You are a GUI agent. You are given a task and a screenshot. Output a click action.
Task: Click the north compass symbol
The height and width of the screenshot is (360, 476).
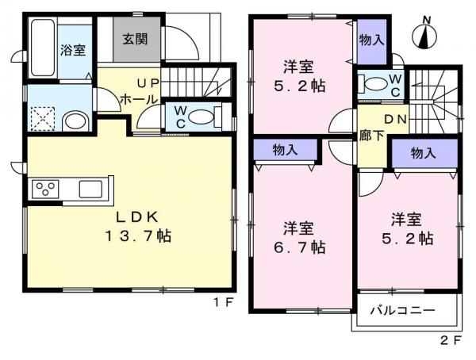(x=424, y=34)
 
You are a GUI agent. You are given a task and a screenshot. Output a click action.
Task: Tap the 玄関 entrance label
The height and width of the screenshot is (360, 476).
(x=136, y=39)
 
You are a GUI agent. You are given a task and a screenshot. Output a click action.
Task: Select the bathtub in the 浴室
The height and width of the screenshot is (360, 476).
(x=43, y=48)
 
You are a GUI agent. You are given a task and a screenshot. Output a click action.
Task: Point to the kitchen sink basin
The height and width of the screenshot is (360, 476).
(x=90, y=189)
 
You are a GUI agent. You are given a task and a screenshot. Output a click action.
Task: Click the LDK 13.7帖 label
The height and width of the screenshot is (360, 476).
(x=138, y=227)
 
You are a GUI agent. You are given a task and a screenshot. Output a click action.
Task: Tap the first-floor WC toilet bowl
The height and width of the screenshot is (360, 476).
(x=202, y=117)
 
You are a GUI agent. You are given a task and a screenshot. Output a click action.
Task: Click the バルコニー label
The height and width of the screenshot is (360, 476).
(x=402, y=311)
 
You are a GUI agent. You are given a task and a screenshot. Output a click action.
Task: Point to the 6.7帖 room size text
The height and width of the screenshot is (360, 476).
(x=300, y=248)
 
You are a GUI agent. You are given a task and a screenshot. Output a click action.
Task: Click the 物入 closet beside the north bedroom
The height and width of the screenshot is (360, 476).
(x=372, y=41)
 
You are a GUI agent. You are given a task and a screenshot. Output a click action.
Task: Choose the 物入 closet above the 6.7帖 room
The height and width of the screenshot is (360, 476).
(x=286, y=150)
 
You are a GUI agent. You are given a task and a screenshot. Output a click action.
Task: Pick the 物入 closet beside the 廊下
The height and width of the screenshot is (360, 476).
(x=424, y=153)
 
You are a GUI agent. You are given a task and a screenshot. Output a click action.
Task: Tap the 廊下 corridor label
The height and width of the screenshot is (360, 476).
(x=372, y=135)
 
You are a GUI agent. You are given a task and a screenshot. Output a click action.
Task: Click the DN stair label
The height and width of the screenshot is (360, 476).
(x=395, y=120)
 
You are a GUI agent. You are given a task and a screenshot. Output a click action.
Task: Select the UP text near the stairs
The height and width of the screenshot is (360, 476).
(x=148, y=83)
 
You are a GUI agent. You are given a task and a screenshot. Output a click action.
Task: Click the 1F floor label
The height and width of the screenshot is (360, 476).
(x=223, y=302)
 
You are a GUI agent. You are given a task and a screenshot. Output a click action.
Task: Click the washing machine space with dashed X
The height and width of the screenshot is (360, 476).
(x=43, y=119)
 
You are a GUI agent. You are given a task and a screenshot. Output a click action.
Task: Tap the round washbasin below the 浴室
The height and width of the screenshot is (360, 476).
(x=75, y=121)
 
